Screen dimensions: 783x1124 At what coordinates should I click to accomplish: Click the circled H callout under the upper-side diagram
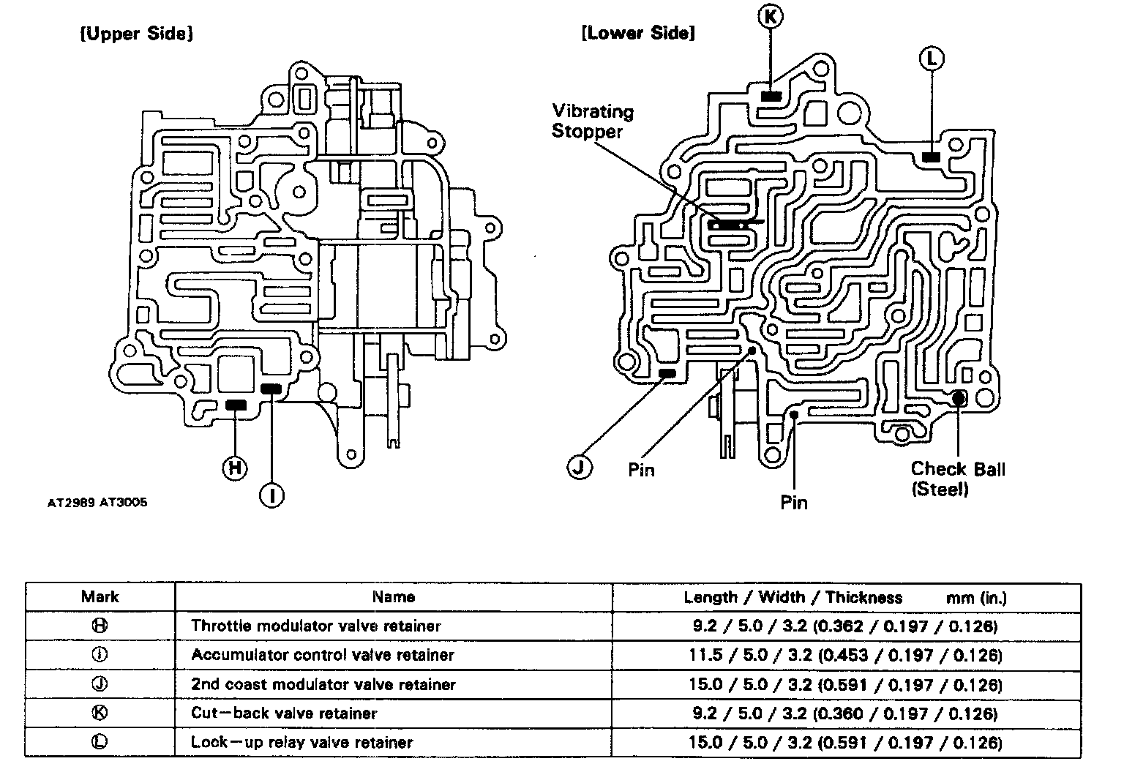coord(234,468)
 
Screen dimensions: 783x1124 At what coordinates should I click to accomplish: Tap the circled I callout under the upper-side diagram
coord(271,496)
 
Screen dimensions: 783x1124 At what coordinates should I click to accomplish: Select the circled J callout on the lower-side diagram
coord(580,467)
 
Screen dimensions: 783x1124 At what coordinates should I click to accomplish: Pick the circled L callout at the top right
coord(932,59)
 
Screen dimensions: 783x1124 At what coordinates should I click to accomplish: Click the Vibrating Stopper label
coord(592,121)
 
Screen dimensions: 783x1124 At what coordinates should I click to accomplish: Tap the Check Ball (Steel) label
coord(957,479)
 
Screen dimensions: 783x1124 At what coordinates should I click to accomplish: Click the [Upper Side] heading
coord(136,34)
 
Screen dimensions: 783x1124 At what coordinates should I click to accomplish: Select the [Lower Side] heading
coord(637,33)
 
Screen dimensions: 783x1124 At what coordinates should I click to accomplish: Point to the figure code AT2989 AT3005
coord(97,503)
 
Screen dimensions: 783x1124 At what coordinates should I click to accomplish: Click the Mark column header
coord(100,597)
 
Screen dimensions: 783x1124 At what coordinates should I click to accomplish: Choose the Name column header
coord(393,597)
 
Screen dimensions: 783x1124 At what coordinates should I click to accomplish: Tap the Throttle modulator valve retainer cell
coord(315,626)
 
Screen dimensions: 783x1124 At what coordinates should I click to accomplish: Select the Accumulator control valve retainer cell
coord(322,655)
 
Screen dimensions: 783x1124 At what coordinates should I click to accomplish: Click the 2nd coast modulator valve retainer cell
coord(323,684)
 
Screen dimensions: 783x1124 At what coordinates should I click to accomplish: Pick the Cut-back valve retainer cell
coord(284,713)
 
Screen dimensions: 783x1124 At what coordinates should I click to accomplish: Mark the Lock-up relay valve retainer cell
coord(301,742)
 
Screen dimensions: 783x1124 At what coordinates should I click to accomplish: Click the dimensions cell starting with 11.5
coord(844,655)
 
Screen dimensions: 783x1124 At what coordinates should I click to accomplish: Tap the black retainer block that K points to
coord(771,96)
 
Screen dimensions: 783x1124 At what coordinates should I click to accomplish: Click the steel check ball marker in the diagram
coord(957,397)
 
